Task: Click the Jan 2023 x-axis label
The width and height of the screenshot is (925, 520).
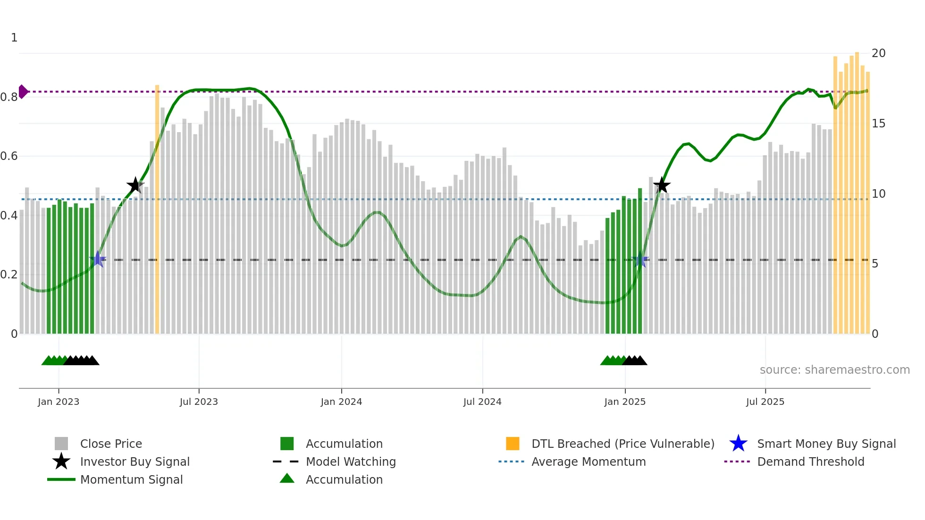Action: tap(59, 402)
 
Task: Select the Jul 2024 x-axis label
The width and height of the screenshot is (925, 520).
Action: tap(482, 402)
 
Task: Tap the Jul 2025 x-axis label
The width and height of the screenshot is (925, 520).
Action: tap(765, 402)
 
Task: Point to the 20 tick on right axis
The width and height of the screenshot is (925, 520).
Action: tap(878, 53)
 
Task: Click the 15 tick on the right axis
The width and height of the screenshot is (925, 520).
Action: tap(878, 124)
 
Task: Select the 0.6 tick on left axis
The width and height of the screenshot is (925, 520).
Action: tap(9, 156)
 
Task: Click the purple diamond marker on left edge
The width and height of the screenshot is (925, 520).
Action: tap(23, 92)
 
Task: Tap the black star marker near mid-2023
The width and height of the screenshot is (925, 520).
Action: tap(135, 185)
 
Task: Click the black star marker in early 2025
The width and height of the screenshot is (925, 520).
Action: tap(662, 185)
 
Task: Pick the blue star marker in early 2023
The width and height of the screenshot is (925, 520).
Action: tap(98, 259)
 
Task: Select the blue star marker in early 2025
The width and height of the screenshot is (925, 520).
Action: tap(640, 259)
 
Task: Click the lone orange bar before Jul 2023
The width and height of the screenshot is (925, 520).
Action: tap(157, 208)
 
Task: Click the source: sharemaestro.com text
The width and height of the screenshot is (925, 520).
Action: tap(834, 370)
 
